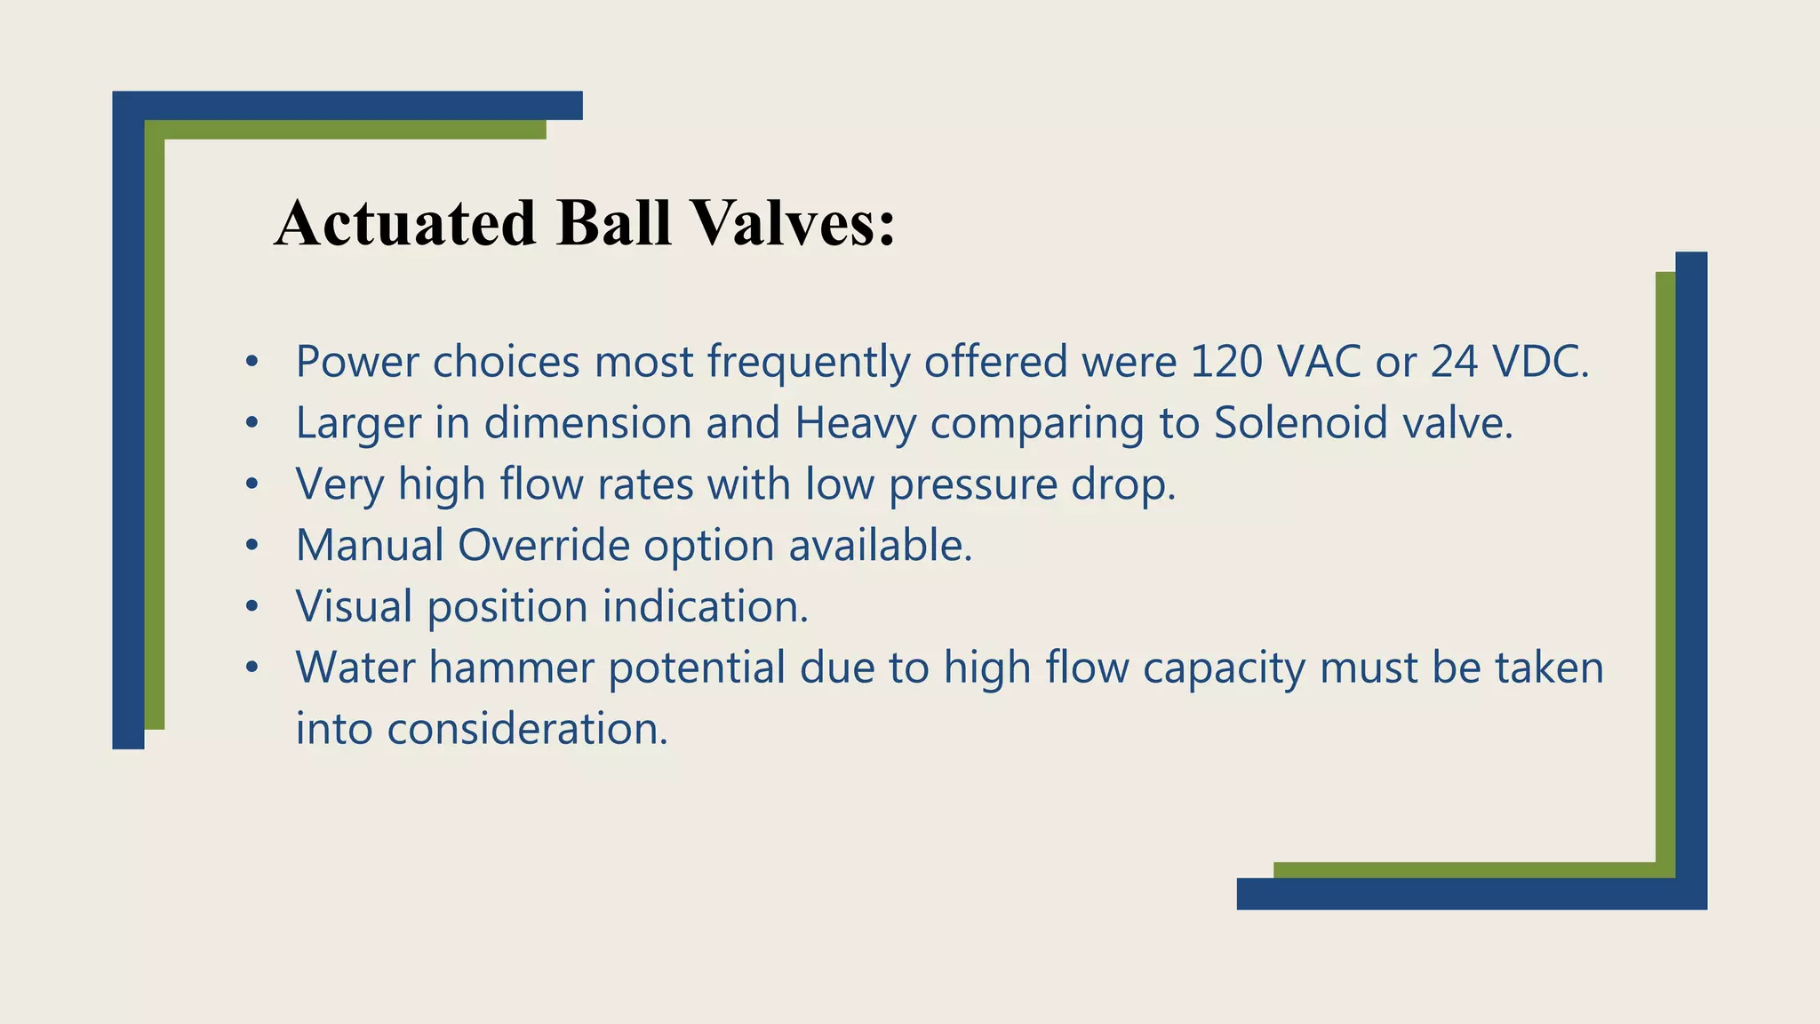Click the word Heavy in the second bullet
pos(855,423)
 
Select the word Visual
pos(354,607)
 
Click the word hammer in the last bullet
pos(511,668)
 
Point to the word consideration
pos(526,729)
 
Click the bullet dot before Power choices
pos(252,362)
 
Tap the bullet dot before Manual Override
pos(252,546)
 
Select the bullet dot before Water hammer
pos(252,668)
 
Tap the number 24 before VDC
pos(1454,362)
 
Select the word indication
pos(706,607)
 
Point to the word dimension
pos(587,423)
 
